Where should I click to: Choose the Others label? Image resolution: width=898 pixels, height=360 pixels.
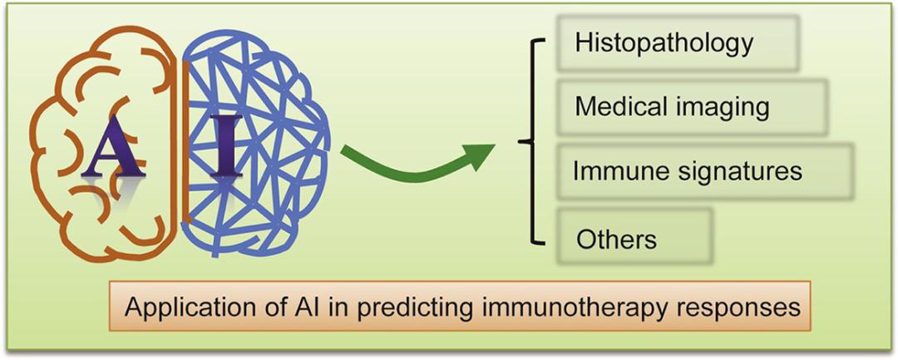click(616, 239)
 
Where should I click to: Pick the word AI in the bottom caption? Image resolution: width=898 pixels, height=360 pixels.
click(293, 307)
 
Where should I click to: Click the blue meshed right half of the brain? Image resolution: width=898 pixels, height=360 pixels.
click(274, 91)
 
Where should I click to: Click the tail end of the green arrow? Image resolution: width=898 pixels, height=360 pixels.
click(349, 152)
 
